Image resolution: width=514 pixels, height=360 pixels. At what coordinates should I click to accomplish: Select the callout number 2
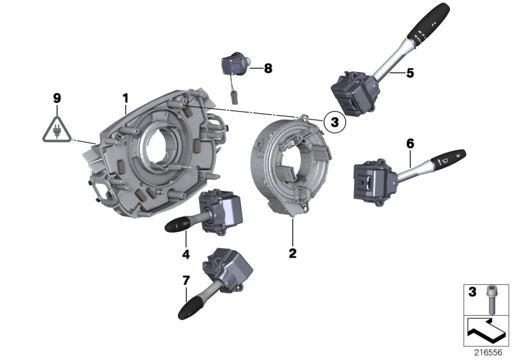tap(292, 253)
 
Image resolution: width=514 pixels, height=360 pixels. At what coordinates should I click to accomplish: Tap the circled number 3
tap(333, 120)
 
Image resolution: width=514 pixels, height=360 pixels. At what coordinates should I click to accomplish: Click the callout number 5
tap(410, 73)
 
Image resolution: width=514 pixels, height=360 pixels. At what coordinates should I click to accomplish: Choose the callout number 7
tap(186, 280)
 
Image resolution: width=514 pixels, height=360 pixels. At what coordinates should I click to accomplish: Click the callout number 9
tap(57, 98)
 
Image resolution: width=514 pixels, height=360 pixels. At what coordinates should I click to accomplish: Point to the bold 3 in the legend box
tap(472, 292)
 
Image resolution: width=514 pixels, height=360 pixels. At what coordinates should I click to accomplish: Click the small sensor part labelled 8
tap(233, 66)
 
